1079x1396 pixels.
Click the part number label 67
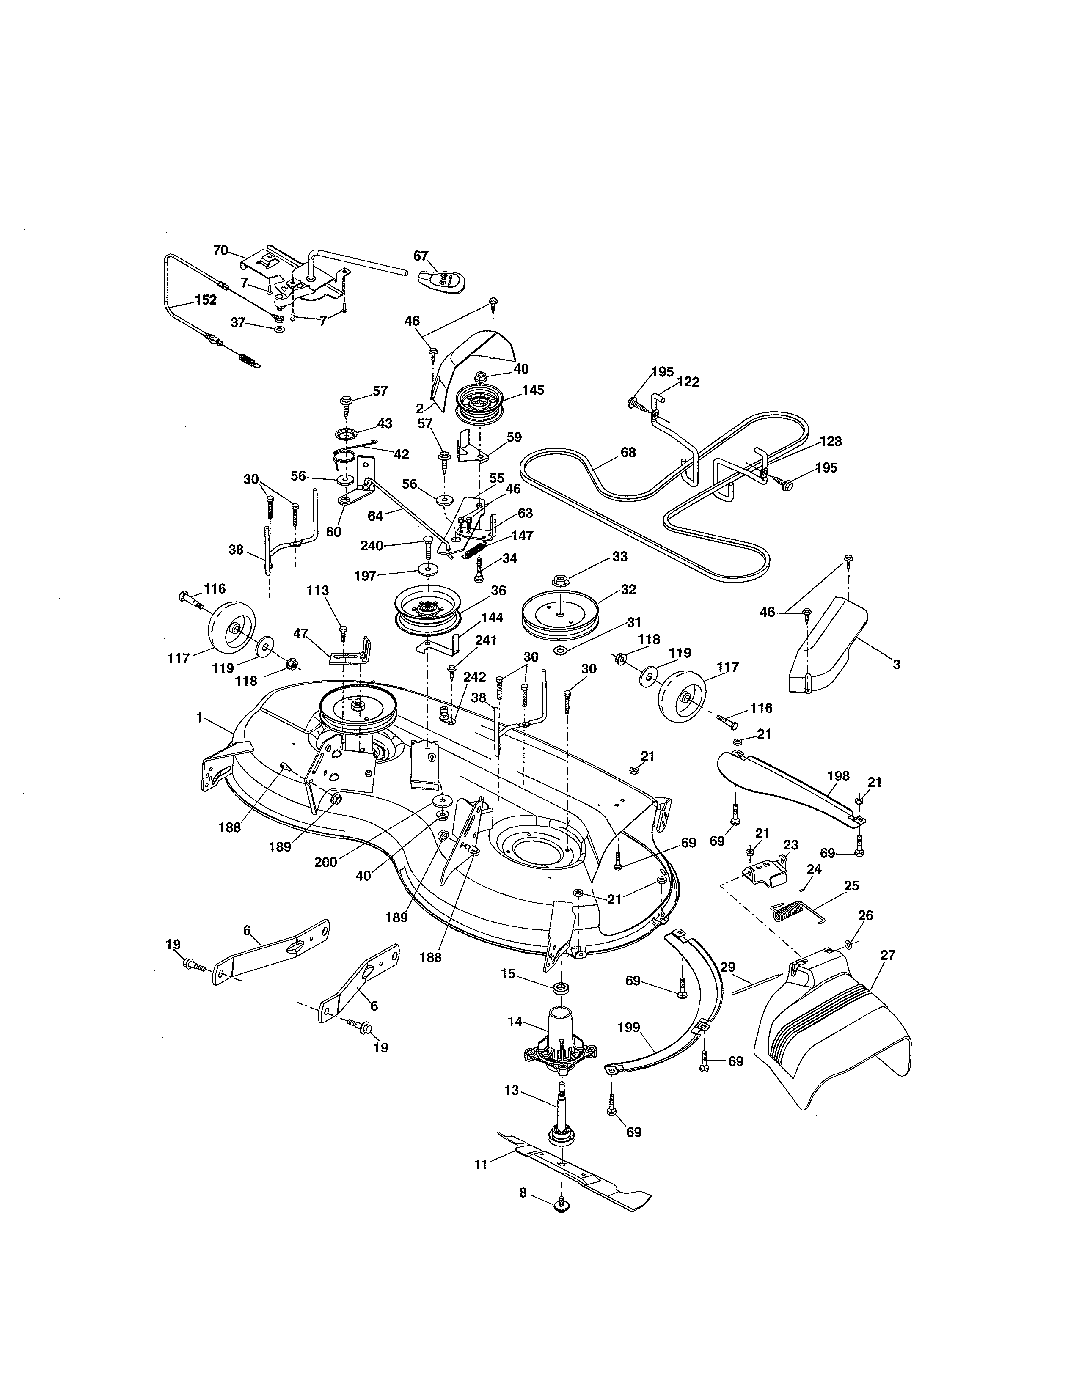421,256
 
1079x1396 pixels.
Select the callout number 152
206,300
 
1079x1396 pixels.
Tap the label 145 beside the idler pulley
533,390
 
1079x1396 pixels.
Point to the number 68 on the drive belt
628,452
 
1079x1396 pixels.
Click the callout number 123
831,441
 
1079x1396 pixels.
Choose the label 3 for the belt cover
897,665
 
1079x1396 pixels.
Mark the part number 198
838,776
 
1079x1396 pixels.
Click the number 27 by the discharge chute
888,955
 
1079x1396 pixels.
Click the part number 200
326,862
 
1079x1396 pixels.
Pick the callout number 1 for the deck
199,718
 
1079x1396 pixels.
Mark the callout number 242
475,677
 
